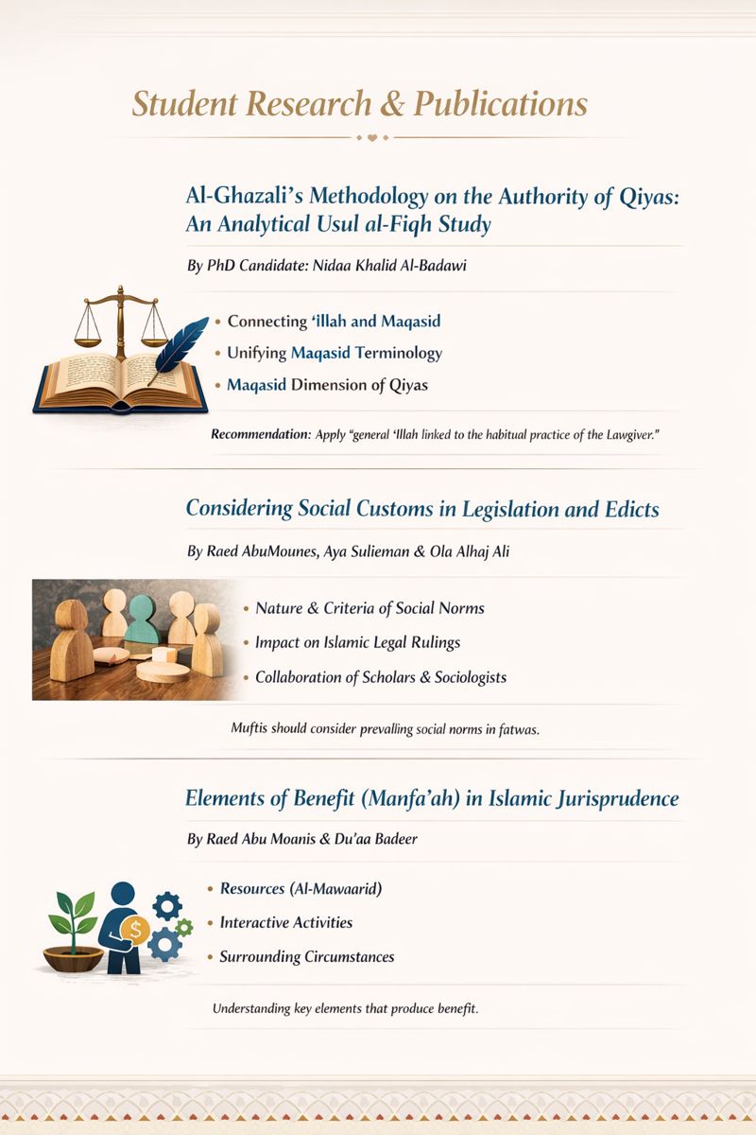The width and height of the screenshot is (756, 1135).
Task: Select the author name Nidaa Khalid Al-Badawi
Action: [x=403, y=266]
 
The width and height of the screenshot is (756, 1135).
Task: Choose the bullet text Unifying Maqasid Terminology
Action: [x=335, y=353]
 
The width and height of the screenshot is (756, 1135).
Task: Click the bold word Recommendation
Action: [x=260, y=434]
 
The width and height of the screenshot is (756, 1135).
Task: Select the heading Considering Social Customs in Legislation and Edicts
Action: [x=422, y=508]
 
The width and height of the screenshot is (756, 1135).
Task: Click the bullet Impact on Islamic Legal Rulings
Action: [x=357, y=642]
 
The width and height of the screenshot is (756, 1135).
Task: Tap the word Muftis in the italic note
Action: [x=250, y=729]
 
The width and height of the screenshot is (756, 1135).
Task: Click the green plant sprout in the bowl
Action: [x=73, y=914]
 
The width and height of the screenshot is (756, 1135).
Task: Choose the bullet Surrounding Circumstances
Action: [x=306, y=956]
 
